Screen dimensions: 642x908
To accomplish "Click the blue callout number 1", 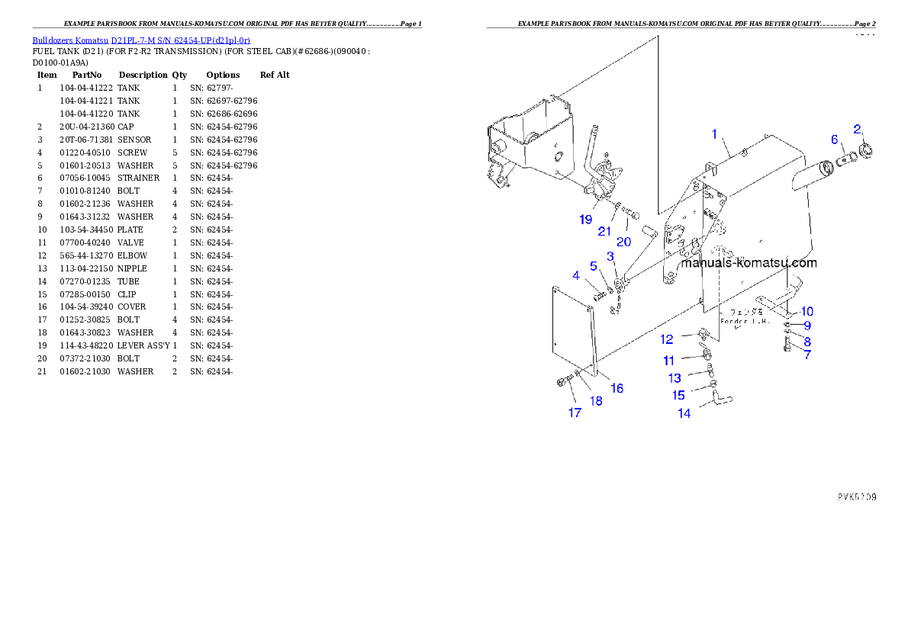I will pyautogui.click(x=714, y=134).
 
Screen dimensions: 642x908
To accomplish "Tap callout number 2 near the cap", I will pyautogui.click(x=857, y=129).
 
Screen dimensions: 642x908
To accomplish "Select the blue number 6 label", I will pyautogui.click(x=834, y=139).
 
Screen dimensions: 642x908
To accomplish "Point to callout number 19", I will pyautogui.click(x=585, y=220).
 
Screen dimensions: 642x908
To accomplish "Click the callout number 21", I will pyautogui.click(x=604, y=231).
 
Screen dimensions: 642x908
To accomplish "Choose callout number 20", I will pyautogui.click(x=624, y=242).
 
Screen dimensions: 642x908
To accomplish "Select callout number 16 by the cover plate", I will pyautogui.click(x=617, y=388).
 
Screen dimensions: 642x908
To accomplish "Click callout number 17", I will pyautogui.click(x=575, y=412).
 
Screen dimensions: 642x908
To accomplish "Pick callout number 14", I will pyautogui.click(x=684, y=413).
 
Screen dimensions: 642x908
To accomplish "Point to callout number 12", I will pyautogui.click(x=667, y=339).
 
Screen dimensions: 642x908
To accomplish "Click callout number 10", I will pyautogui.click(x=807, y=311).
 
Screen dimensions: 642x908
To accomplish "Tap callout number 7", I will pyautogui.click(x=807, y=355).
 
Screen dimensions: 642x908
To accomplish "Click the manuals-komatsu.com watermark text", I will pyautogui.click(x=748, y=263).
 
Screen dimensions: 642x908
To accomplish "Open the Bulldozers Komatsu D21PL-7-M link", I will pyautogui.click(x=141, y=40).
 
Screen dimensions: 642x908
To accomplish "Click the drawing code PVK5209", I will pyautogui.click(x=856, y=496).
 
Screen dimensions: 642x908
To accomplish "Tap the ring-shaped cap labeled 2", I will pyautogui.click(x=866, y=150).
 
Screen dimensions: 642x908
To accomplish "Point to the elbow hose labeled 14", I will pyautogui.click(x=720, y=397).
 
